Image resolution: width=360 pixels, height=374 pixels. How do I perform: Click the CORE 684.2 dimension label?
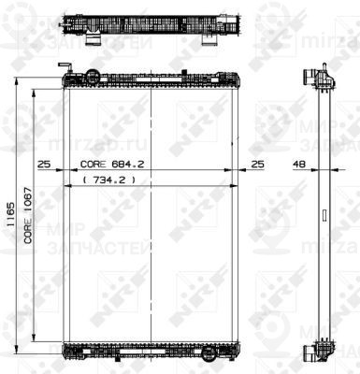click(110, 165)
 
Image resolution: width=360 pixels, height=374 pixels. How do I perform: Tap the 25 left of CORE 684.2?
click(43, 165)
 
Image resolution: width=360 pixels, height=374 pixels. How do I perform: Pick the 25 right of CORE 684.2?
click(258, 165)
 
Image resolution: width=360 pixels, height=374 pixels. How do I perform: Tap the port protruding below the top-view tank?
click(95, 40)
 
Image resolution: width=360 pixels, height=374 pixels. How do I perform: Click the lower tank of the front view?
click(150, 351)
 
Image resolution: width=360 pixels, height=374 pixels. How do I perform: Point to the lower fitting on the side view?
click(317, 351)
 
